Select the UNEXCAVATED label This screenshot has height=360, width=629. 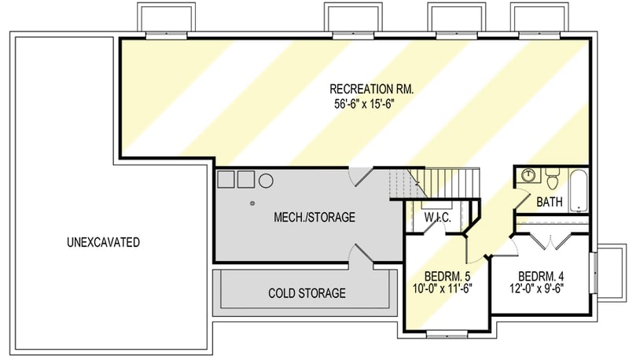(105, 242)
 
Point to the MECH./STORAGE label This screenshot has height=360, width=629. (314, 217)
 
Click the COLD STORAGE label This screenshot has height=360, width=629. (306, 294)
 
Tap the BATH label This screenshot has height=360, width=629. (549, 202)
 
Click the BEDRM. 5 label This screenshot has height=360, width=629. (447, 276)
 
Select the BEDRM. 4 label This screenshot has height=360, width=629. (541, 276)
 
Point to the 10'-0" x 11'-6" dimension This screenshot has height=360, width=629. (447, 288)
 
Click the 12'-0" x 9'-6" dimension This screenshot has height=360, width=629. (541, 288)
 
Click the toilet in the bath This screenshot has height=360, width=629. (551, 175)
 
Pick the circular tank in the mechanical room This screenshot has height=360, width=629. (266, 180)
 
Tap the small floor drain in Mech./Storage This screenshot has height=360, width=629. (252, 203)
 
